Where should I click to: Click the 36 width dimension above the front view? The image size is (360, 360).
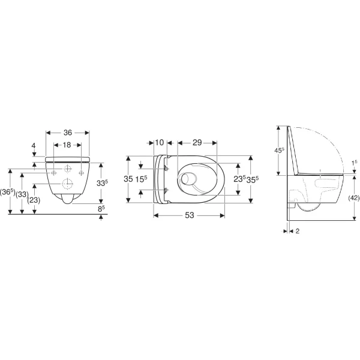68,133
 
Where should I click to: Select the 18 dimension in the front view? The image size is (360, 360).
68,145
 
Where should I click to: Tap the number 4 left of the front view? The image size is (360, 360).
35,145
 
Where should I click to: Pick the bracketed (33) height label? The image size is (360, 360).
22,194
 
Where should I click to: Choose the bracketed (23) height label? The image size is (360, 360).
34,200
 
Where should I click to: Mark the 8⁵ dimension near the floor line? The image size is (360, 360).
103,209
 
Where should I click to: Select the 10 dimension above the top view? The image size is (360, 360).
160,142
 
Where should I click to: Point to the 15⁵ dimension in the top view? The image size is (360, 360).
142,178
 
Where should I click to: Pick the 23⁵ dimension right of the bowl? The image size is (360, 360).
239,178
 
